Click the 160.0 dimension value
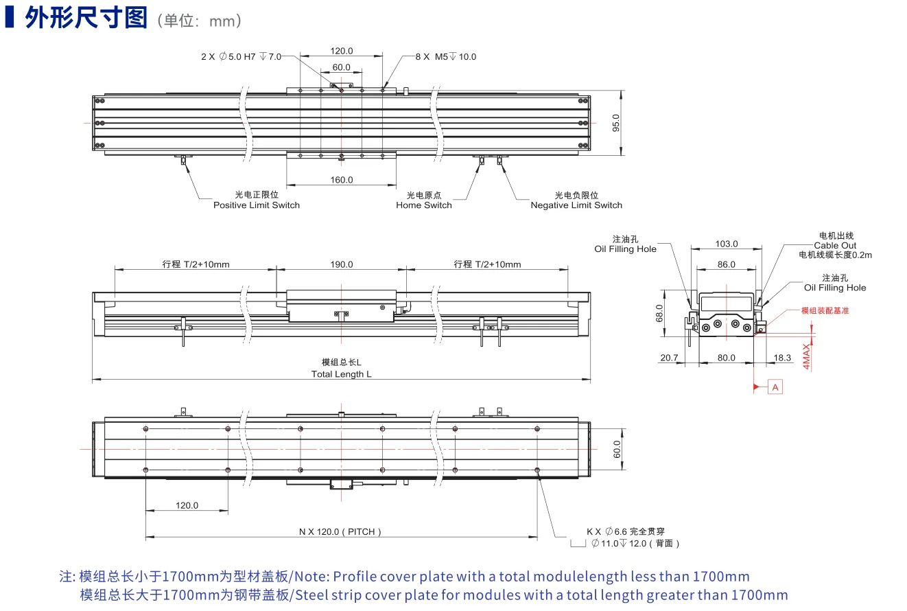pos(342,179)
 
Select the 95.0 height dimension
pos(616,123)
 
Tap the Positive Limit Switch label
pos(257,205)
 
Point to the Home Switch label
pos(423,205)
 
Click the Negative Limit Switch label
pos(576,205)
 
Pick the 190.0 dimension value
pos(342,264)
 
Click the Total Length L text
pos(341,374)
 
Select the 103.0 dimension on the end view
pos(727,244)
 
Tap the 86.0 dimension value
pos(727,264)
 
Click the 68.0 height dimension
pos(659,313)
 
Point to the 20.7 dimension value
pos(669,358)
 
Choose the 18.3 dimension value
pos(782,358)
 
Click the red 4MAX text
pos(806,356)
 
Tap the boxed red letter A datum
pos(775,387)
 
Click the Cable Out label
pos(835,245)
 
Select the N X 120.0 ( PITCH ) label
pos(340,531)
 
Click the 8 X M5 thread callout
pos(445,57)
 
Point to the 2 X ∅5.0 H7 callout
pos(242,57)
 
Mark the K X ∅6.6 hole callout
pos(626,531)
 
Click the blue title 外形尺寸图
pos(86,18)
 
